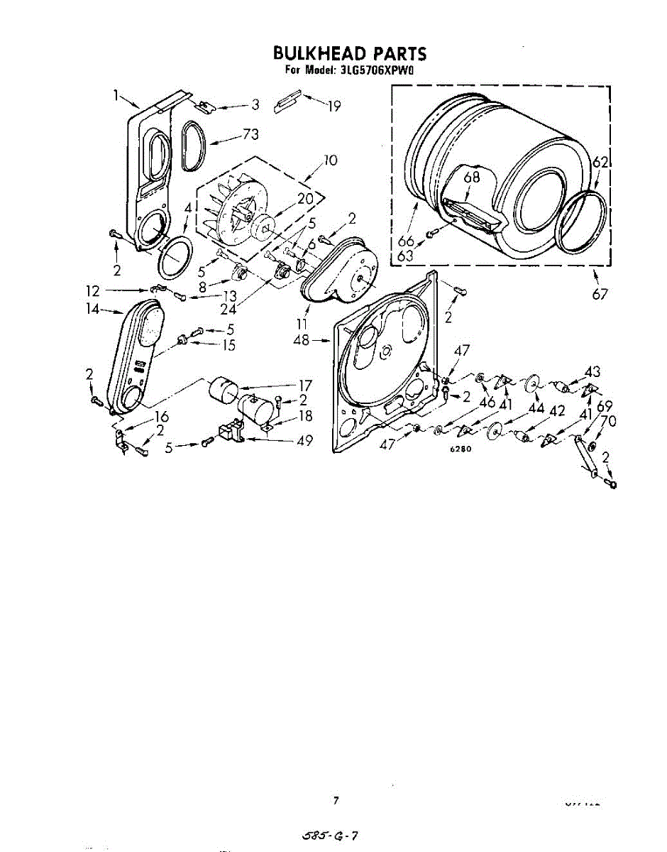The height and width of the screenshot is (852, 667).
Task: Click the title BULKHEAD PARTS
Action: tap(350, 53)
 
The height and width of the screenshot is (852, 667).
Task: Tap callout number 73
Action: tap(250, 133)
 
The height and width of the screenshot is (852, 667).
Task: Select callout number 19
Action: tap(333, 106)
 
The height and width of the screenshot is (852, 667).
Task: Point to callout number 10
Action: tap(330, 160)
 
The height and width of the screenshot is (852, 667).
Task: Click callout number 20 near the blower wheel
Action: tap(305, 199)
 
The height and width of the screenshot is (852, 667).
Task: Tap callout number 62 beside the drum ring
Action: tap(600, 163)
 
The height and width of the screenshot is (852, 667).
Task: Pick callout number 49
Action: tap(305, 441)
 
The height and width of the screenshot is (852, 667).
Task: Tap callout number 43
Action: tap(592, 371)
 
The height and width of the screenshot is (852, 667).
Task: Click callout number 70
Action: tap(608, 421)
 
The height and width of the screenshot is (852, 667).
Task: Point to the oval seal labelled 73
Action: tap(192, 146)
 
